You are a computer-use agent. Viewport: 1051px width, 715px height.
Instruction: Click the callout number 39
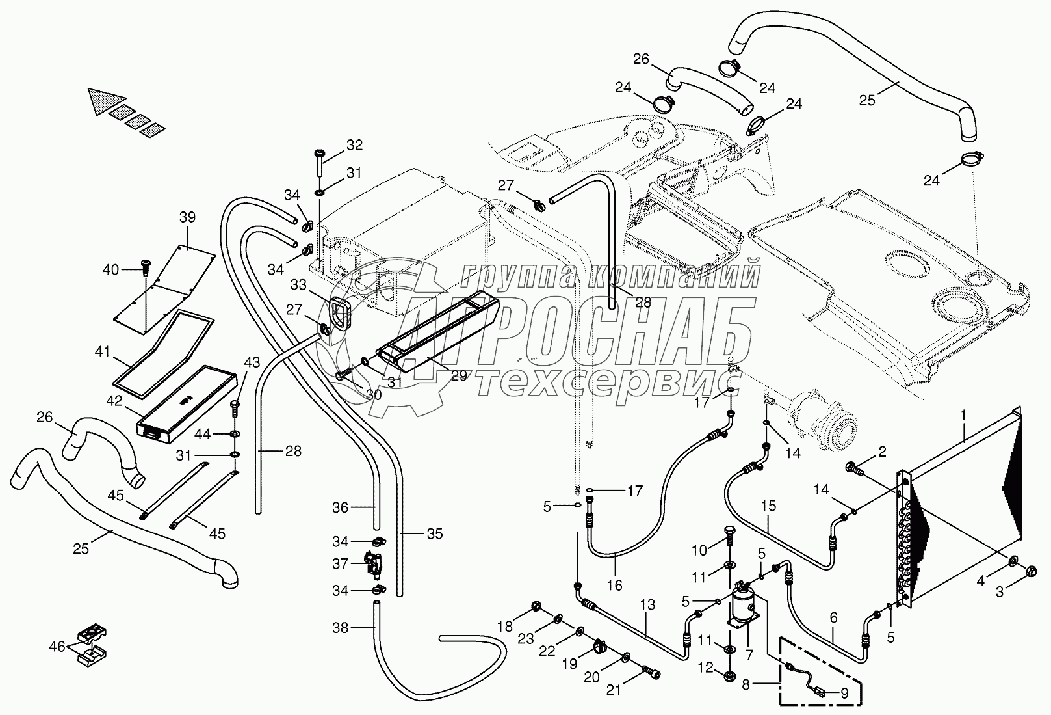187,217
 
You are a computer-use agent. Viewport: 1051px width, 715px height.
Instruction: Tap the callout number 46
57,646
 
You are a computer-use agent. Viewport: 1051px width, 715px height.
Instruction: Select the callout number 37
340,564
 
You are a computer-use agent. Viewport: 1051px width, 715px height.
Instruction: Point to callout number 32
354,144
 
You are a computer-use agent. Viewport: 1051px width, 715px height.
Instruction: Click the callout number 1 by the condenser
964,413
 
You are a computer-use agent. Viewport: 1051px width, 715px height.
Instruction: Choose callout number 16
614,586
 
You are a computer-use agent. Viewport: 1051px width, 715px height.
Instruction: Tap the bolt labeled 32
320,163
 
